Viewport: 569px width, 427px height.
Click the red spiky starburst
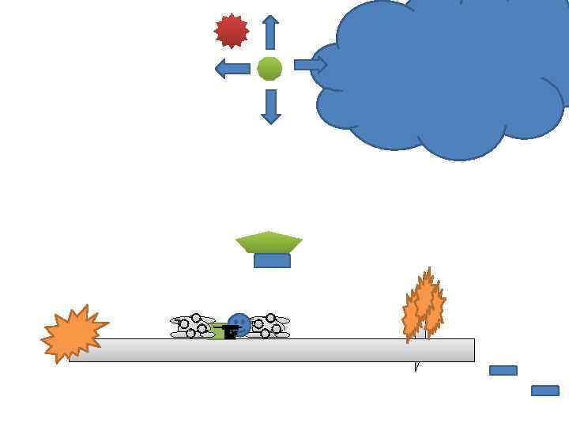click(x=232, y=31)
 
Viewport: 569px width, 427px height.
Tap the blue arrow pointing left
click(x=232, y=69)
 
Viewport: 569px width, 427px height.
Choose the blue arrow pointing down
click(x=271, y=106)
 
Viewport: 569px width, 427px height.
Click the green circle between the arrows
click(x=269, y=69)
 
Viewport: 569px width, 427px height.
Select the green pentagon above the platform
click(x=269, y=241)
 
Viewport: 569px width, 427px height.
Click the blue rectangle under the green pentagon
click(x=272, y=261)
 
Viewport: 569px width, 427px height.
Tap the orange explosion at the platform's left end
click(x=73, y=334)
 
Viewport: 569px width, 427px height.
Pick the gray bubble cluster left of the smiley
click(x=192, y=326)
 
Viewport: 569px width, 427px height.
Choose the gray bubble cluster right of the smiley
click(x=269, y=326)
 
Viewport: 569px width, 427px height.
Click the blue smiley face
click(x=239, y=323)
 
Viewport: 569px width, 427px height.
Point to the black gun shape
click(x=229, y=331)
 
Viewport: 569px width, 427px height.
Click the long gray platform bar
click(x=316, y=350)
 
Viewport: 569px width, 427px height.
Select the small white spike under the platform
click(x=416, y=366)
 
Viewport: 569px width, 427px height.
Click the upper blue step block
click(x=503, y=370)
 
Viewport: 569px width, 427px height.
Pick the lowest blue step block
click(x=545, y=391)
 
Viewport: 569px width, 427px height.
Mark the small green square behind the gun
click(x=218, y=334)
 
